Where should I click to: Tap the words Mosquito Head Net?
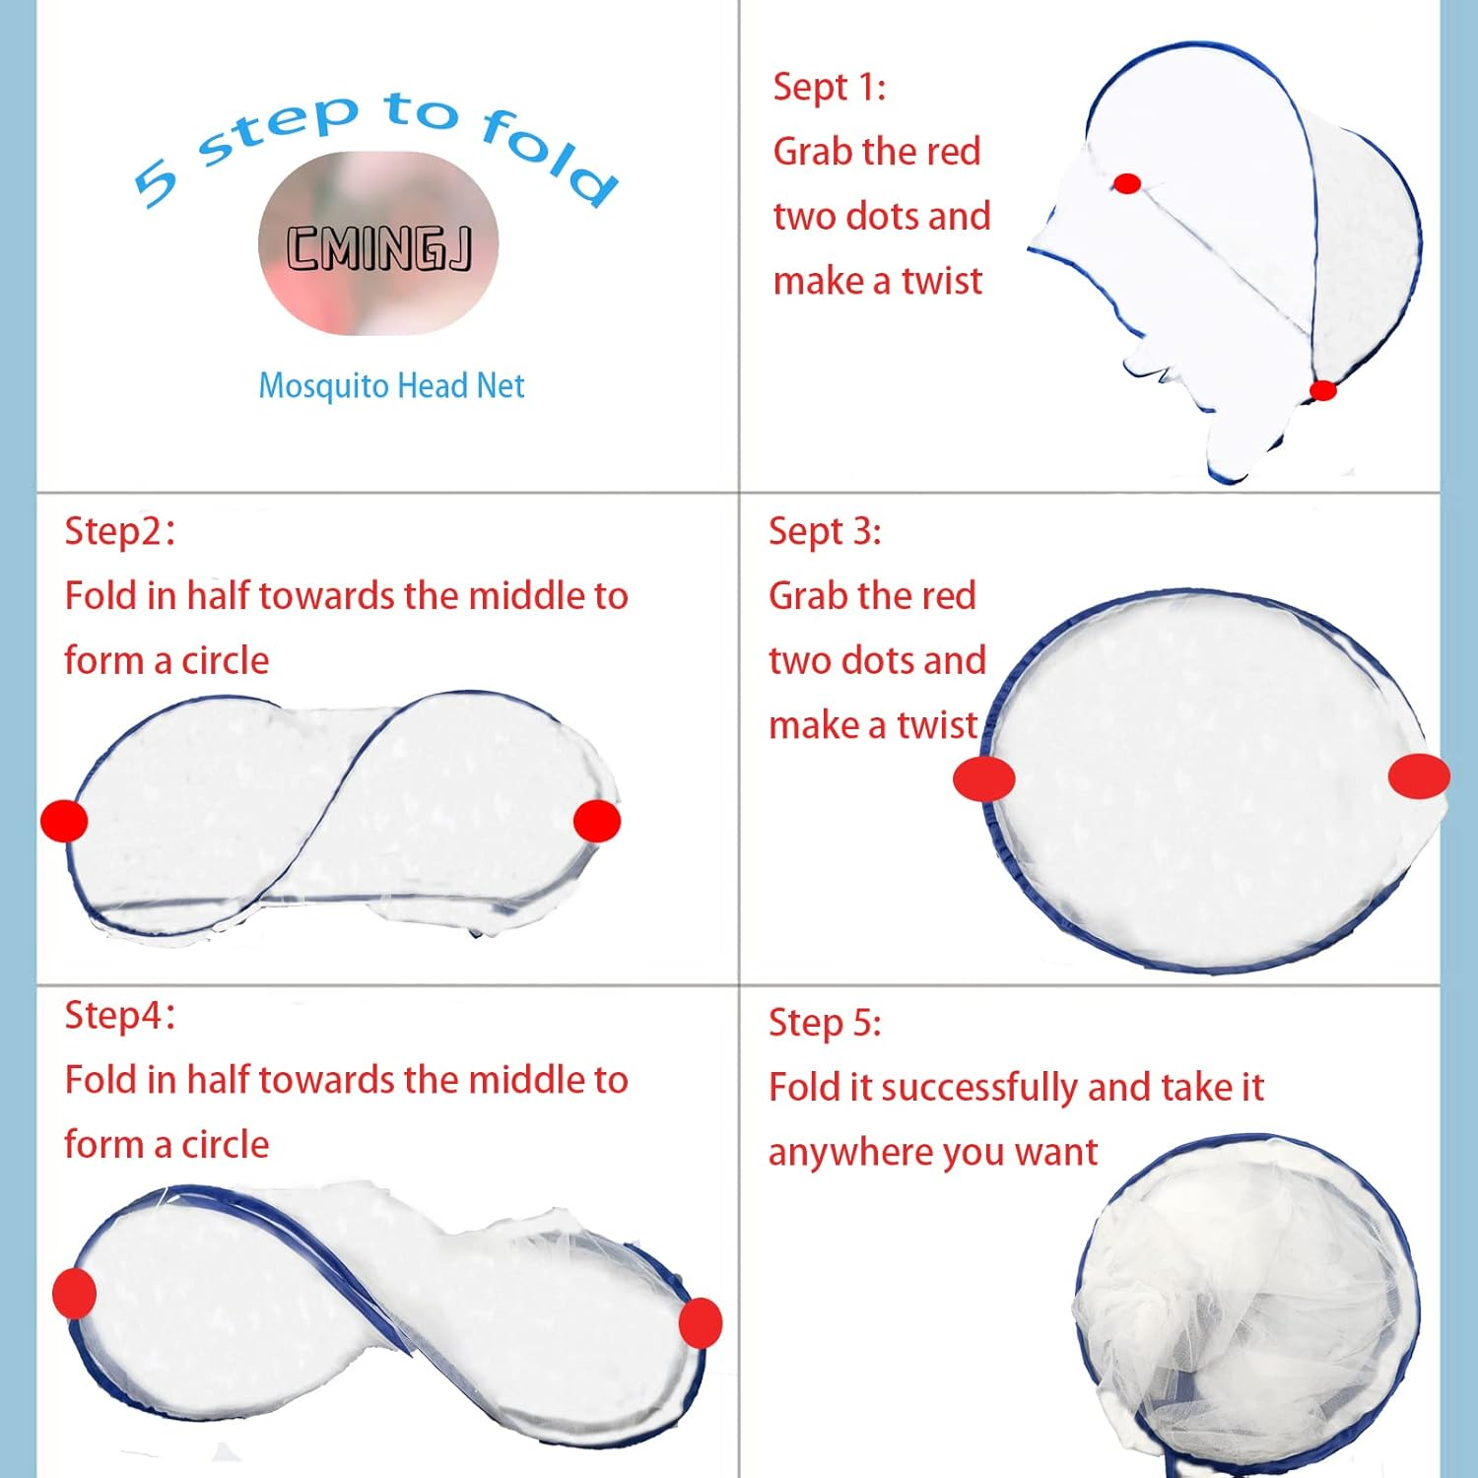coord(391,385)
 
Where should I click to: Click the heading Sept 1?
coord(829,88)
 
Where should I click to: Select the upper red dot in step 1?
coord(1127,183)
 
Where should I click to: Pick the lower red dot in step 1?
coord(1322,390)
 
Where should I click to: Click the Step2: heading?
coord(119,531)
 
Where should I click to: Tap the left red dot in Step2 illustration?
coord(64,821)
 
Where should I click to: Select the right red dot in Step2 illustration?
coord(596,821)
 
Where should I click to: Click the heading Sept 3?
coord(825,532)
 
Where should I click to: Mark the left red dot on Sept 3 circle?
coord(983,779)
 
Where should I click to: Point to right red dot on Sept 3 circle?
coord(1419,775)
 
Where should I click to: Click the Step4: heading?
coord(119,1015)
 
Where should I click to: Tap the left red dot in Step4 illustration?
coord(74,1293)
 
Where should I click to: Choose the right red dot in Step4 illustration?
coord(701,1322)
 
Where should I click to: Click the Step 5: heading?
coord(825,1023)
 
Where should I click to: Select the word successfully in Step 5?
coord(979,1088)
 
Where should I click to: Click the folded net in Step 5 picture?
coord(1246,1310)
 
